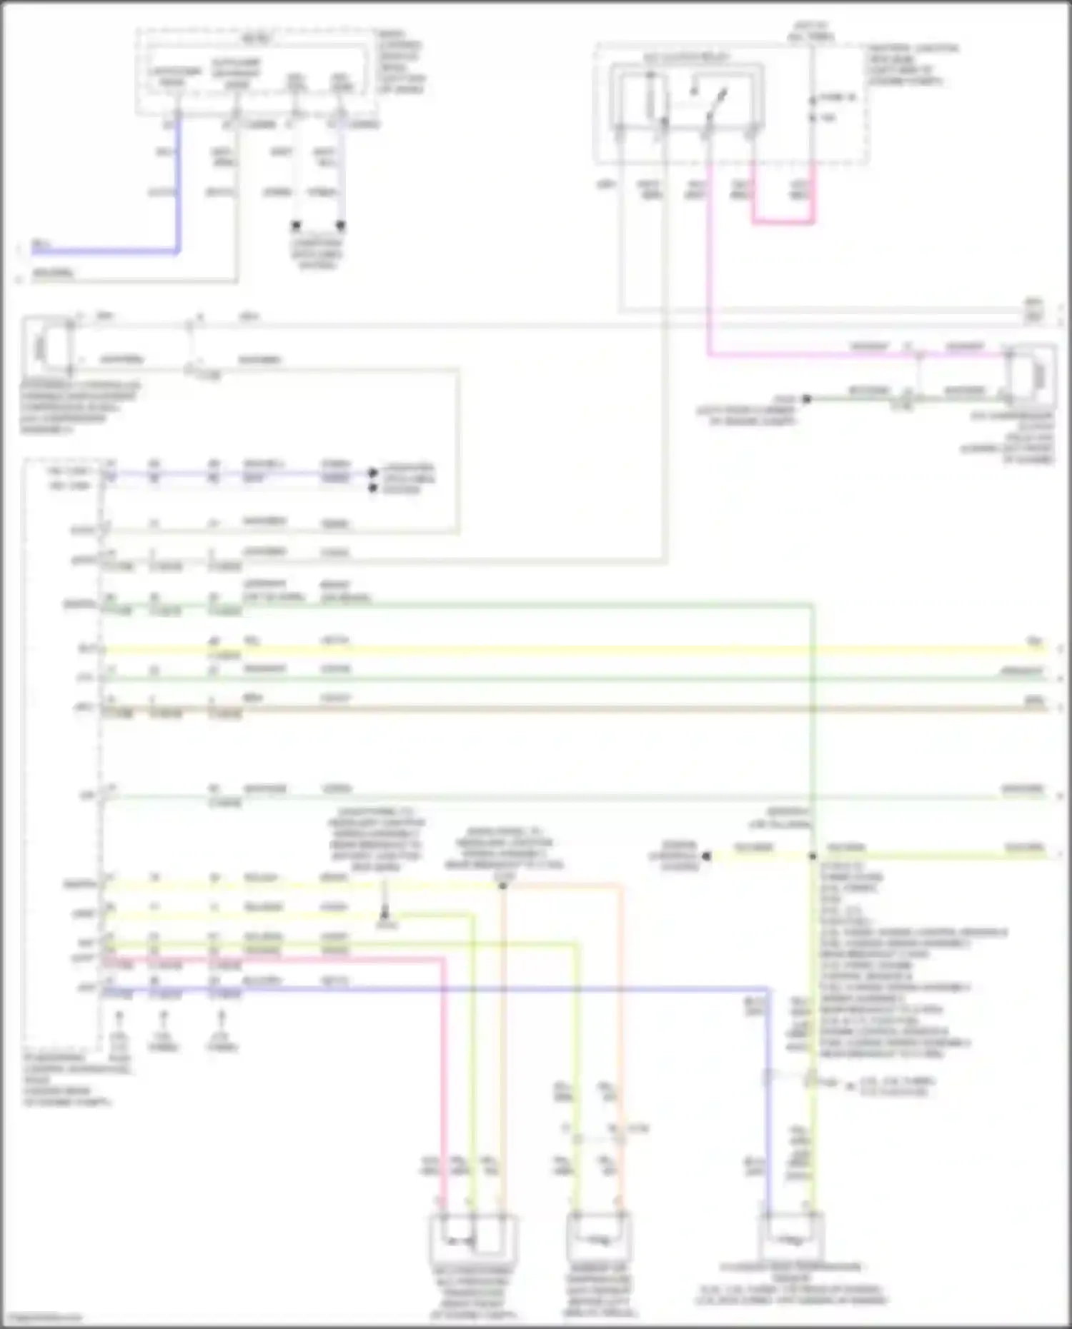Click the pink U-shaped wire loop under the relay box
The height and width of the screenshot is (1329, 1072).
(x=783, y=221)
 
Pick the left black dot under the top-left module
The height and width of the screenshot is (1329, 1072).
(x=296, y=226)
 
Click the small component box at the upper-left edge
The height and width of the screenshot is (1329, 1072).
(x=42, y=347)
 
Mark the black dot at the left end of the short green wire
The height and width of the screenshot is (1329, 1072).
(x=806, y=399)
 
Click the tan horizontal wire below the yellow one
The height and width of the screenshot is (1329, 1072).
(x=572, y=708)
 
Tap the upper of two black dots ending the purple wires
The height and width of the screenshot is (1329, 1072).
(x=372, y=473)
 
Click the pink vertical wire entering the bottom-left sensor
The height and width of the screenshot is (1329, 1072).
(x=442, y=1107)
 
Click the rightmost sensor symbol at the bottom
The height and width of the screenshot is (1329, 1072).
(x=790, y=1241)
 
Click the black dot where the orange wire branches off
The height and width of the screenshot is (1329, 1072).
(x=503, y=886)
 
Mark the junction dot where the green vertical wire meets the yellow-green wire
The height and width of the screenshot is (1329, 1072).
(x=813, y=856)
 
